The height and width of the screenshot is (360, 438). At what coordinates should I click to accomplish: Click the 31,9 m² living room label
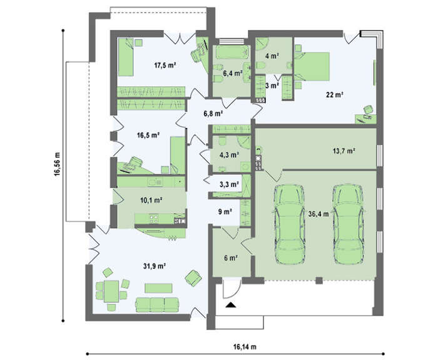point(155,266)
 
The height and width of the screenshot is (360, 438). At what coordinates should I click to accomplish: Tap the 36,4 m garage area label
point(318,214)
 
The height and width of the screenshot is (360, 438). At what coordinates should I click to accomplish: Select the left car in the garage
point(289,224)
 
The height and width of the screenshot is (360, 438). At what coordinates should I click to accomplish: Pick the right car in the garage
point(349,224)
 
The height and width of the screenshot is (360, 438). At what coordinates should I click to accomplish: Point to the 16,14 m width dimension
point(245,347)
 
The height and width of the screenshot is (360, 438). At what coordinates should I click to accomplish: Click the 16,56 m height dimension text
point(57,164)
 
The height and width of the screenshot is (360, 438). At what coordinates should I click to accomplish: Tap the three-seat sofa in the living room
point(157,304)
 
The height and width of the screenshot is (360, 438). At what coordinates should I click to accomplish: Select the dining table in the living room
point(111,291)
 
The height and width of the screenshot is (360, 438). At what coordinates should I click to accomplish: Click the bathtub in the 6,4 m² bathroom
point(232,52)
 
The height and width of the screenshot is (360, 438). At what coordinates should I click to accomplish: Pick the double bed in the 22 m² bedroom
point(312,67)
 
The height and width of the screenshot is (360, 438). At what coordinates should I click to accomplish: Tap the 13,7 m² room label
point(344,151)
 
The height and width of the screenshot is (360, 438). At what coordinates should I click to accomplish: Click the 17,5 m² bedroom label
point(165,65)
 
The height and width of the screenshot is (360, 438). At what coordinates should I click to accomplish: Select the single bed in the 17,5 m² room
point(125,57)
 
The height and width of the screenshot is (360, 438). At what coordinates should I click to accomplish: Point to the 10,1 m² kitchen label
point(151,200)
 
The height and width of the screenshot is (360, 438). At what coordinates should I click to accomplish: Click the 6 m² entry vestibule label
point(231,258)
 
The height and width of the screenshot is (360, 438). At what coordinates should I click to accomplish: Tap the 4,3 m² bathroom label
point(229,154)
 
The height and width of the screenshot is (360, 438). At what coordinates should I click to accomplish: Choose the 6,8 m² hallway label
point(213,113)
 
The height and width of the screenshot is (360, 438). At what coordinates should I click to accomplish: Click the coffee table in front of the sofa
point(158,288)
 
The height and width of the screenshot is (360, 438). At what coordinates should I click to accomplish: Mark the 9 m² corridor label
point(225,212)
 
